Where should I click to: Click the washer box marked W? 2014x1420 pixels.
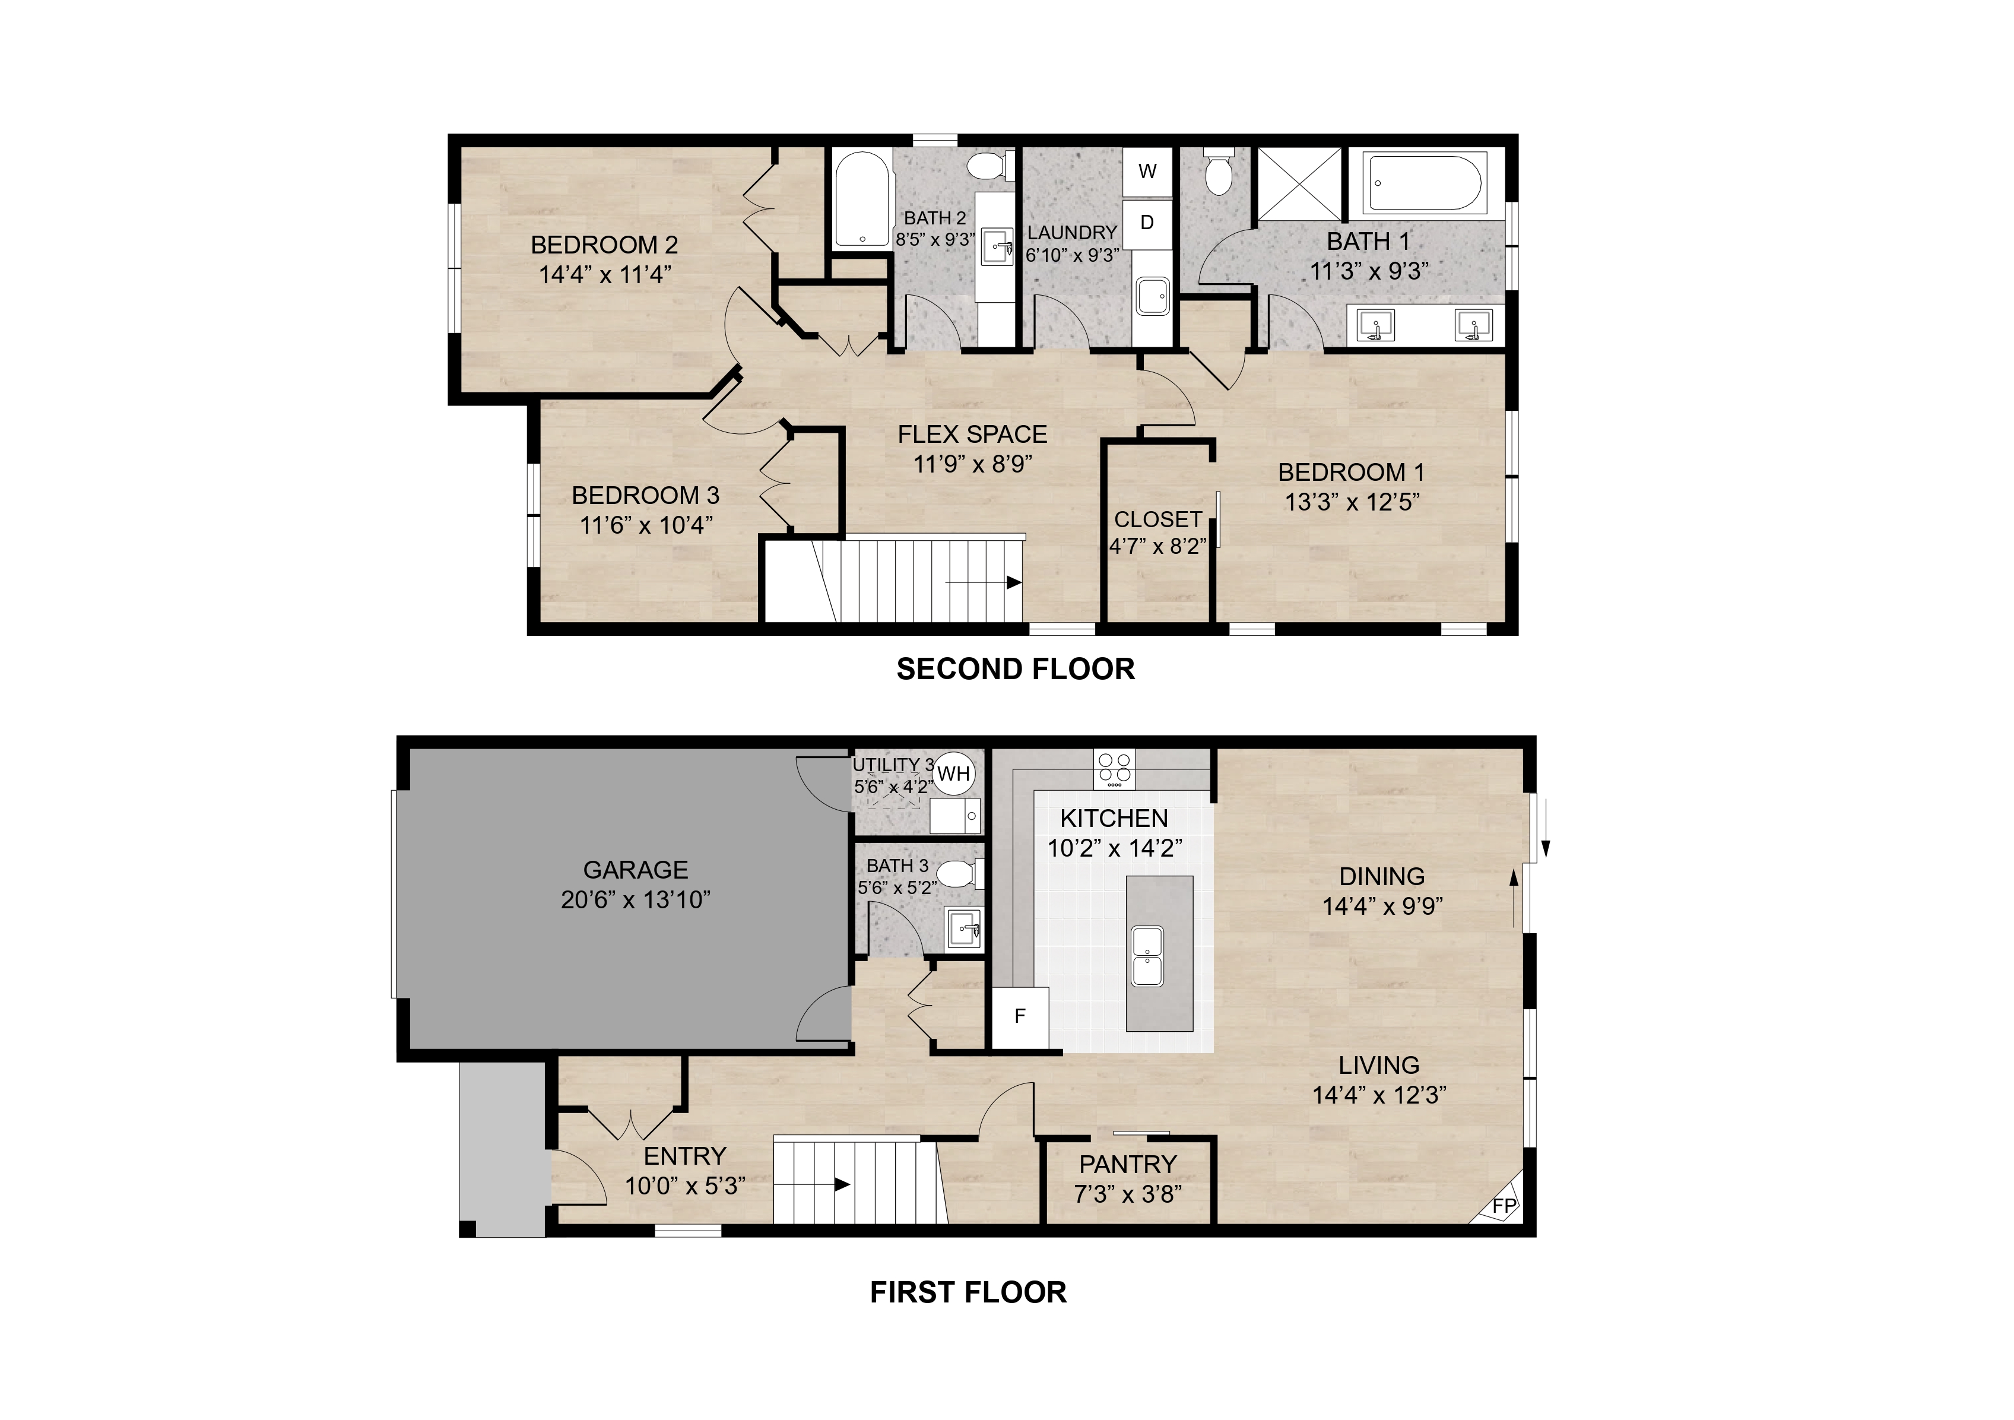tap(1147, 172)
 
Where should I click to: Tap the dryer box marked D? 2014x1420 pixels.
tap(1147, 223)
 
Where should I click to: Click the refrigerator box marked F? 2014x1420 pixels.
tap(1020, 1016)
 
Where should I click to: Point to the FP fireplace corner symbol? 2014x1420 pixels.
tap(1504, 1206)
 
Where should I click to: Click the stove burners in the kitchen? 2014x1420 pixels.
tap(1114, 768)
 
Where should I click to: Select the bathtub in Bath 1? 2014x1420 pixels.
tap(1425, 182)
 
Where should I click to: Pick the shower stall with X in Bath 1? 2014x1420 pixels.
tap(1299, 183)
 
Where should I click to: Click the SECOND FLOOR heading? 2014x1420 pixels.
tap(1015, 669)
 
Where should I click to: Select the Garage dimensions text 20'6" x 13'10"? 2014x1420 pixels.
tap(635, 900)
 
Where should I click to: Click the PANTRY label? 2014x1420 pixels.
tap(1127, 1164)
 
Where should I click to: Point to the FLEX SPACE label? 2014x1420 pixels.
tap(972, 434)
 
